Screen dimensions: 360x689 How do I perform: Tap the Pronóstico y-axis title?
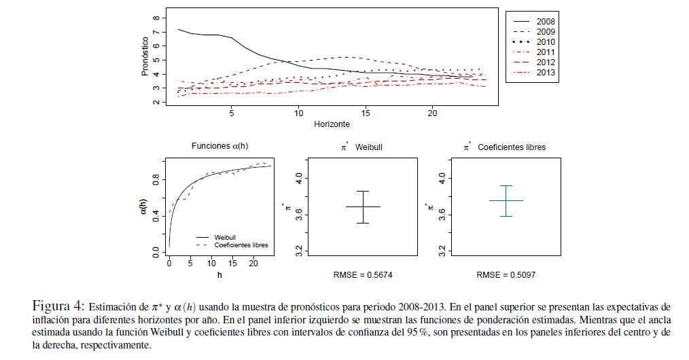145,55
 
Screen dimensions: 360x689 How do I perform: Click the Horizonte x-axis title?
332,124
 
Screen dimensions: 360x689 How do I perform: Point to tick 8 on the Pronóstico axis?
156,18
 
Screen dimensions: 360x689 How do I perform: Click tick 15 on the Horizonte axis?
366,113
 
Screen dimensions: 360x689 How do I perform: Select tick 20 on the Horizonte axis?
433,113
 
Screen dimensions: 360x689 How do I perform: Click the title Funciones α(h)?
219,146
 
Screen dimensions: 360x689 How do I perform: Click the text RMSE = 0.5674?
362,275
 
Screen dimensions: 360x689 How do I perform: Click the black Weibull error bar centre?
363,206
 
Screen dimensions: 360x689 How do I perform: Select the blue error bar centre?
506,200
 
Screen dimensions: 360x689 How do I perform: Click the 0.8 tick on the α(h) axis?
156,179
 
